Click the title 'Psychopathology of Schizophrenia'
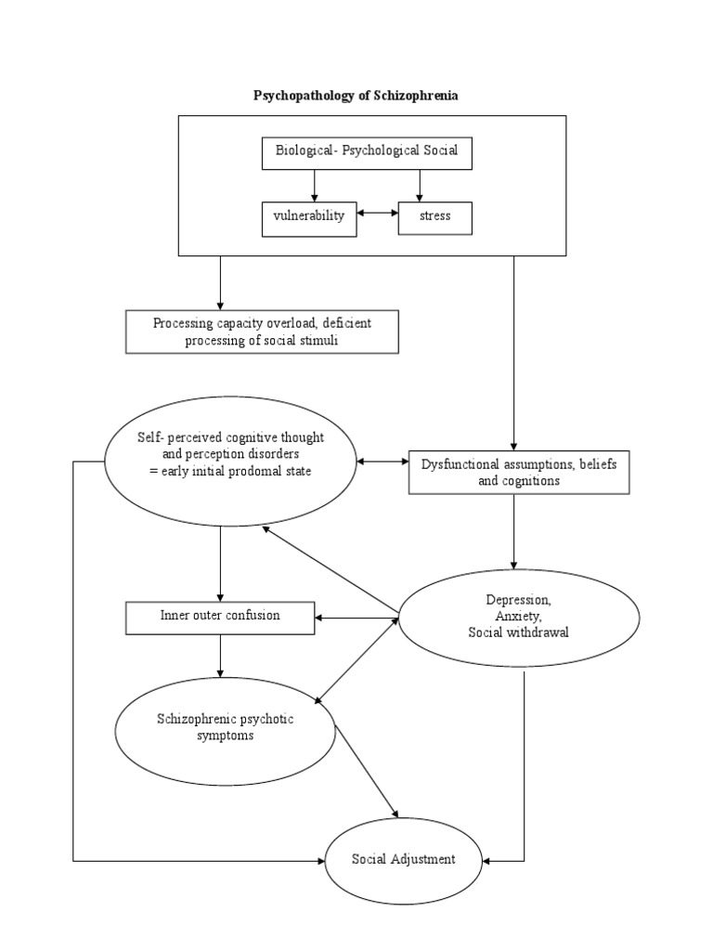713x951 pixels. pos(356,95)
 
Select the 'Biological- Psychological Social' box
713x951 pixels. pos(366,151)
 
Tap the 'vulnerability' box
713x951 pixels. pos(308,216)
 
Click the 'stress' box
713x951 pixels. pos(435,216)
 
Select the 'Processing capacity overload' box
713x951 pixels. pos(263,332)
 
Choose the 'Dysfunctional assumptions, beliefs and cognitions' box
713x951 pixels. pos(520,472)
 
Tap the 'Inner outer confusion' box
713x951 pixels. pos(220,616)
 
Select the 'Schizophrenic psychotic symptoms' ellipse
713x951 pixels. pos(226,727)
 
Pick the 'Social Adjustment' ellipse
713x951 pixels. pos(404,860)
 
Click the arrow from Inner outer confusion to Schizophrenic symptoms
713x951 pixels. pos(220,655)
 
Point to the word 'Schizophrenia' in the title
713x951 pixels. pos(417,95)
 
